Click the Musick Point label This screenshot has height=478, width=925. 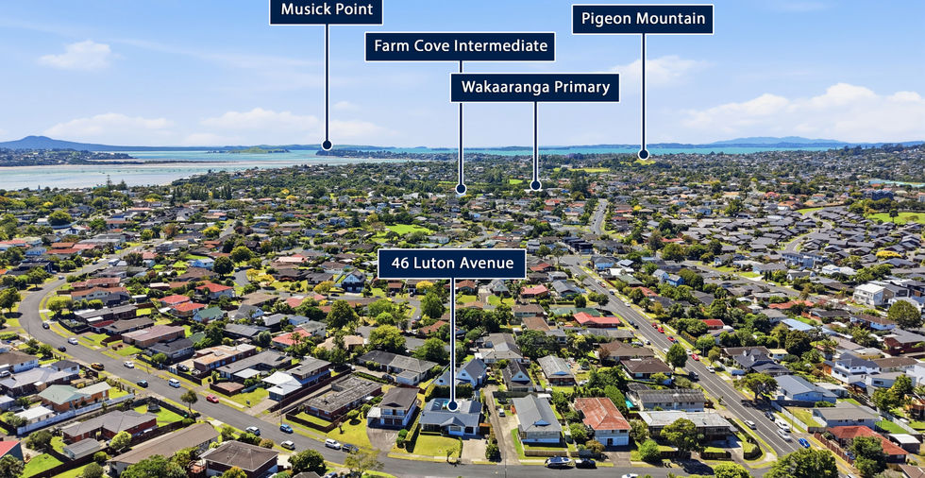[x=326, y=11]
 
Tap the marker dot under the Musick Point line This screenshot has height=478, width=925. [x=327, y=145]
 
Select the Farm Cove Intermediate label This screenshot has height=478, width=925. [x=460, y=46]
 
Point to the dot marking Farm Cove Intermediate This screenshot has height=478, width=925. [x=461, y=189]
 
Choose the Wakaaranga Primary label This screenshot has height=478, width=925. [x=534, y=88]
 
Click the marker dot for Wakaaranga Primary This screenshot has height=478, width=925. [x=535, y=185]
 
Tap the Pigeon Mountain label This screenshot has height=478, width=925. [x=643, y=19]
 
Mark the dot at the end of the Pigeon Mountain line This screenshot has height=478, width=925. [x=643, y=154]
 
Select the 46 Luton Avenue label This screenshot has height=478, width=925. [x=451, y=264]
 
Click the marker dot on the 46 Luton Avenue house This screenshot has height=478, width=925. [x=452, y=405]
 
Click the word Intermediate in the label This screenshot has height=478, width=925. [x=504, y=46]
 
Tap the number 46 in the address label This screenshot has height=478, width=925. [x=397, y=264]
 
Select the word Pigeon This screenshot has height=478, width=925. [x=604, y=19]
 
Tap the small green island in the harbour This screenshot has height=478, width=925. [x=256, y=149]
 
